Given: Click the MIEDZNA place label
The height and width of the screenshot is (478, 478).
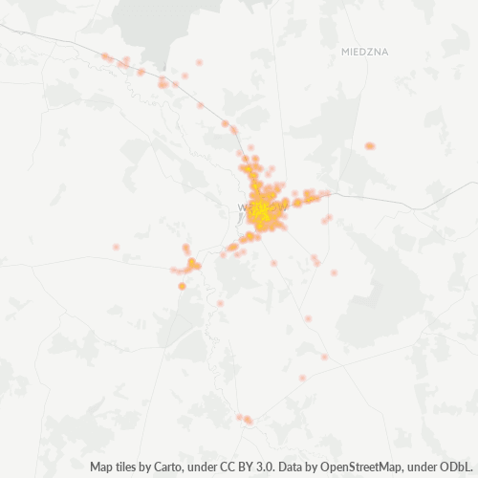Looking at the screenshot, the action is pos(364,52).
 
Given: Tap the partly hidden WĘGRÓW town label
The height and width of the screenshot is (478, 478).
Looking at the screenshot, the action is pos(260,207).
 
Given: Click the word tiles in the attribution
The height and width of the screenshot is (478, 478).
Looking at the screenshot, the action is pos(128,467).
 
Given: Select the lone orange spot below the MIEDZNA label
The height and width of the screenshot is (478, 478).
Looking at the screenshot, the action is pos(369,146).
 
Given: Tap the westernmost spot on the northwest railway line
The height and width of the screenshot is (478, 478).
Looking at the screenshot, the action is pos(105,57).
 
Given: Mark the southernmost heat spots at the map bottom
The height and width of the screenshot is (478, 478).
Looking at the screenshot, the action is pos(245,419).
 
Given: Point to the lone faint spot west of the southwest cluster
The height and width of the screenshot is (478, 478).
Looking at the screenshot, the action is pos(116,247).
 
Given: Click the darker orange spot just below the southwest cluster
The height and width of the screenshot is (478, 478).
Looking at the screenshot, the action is pos(182,286).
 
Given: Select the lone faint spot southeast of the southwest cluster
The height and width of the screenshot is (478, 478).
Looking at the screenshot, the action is pos(220,303).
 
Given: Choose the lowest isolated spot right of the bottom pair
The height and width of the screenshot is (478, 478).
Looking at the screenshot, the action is pos(302,378).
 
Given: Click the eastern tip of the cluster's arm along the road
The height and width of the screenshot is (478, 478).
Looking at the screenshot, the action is pos(326,194).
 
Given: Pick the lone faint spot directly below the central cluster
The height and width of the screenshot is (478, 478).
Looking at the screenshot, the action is pos(273,263).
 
